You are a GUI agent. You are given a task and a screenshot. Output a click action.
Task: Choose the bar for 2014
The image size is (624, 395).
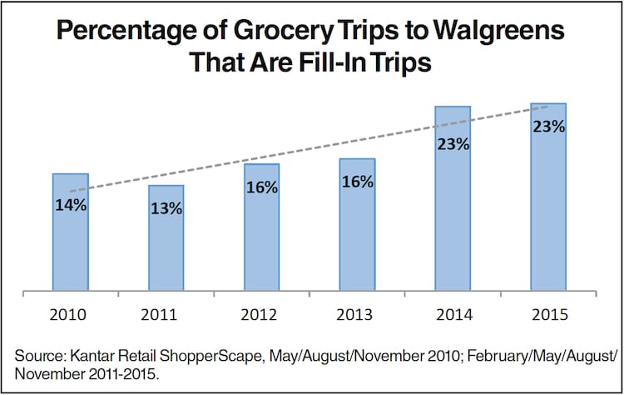coord(453,217)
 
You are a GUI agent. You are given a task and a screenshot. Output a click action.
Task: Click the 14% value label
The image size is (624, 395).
coord(71,204)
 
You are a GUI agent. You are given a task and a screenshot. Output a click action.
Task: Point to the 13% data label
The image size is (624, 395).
coord(166,208)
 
